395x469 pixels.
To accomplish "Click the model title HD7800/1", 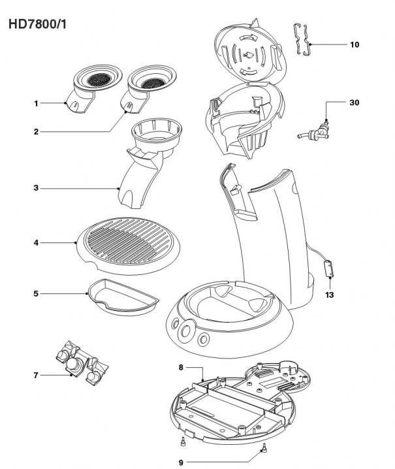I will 38,24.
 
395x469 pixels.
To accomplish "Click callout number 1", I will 37,103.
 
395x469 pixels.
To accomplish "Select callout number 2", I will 37,132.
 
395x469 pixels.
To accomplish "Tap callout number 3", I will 37,188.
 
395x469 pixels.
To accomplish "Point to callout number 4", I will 37,243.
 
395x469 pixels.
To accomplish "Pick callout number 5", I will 37,294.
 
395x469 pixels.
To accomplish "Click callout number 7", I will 37,375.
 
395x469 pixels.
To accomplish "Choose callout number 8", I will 181,368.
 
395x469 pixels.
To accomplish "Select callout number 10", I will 355,44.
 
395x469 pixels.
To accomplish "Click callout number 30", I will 355,103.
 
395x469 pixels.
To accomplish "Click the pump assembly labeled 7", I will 80,362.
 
